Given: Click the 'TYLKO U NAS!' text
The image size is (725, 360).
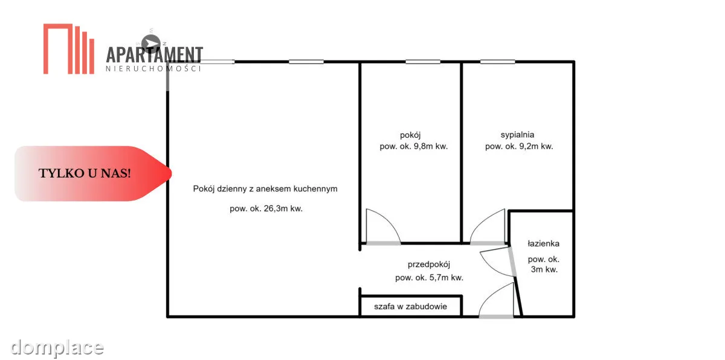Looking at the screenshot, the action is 85,173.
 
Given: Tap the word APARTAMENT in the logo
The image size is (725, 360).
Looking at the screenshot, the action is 155,54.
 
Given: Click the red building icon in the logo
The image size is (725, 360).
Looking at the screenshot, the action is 69,49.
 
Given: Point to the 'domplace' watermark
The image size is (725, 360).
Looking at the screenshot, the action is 57,348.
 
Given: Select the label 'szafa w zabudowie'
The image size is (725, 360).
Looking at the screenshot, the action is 410,306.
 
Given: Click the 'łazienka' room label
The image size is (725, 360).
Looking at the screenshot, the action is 543,243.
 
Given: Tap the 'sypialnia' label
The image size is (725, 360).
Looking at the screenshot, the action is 517,135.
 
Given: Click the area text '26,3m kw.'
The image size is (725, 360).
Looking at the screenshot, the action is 283,208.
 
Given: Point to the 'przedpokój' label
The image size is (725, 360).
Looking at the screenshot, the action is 429,265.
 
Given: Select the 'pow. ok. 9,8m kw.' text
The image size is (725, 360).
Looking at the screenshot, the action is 414,146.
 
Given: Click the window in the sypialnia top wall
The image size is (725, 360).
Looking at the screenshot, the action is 497,62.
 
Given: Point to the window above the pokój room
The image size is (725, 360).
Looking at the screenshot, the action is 423,62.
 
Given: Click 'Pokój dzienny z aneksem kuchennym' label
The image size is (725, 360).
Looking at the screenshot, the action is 265,188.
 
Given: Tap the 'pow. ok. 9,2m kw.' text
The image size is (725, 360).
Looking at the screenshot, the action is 519,146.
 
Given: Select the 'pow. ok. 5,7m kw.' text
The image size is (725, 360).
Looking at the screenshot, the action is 429,277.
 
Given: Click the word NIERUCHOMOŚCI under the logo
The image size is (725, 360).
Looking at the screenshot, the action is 153,69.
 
